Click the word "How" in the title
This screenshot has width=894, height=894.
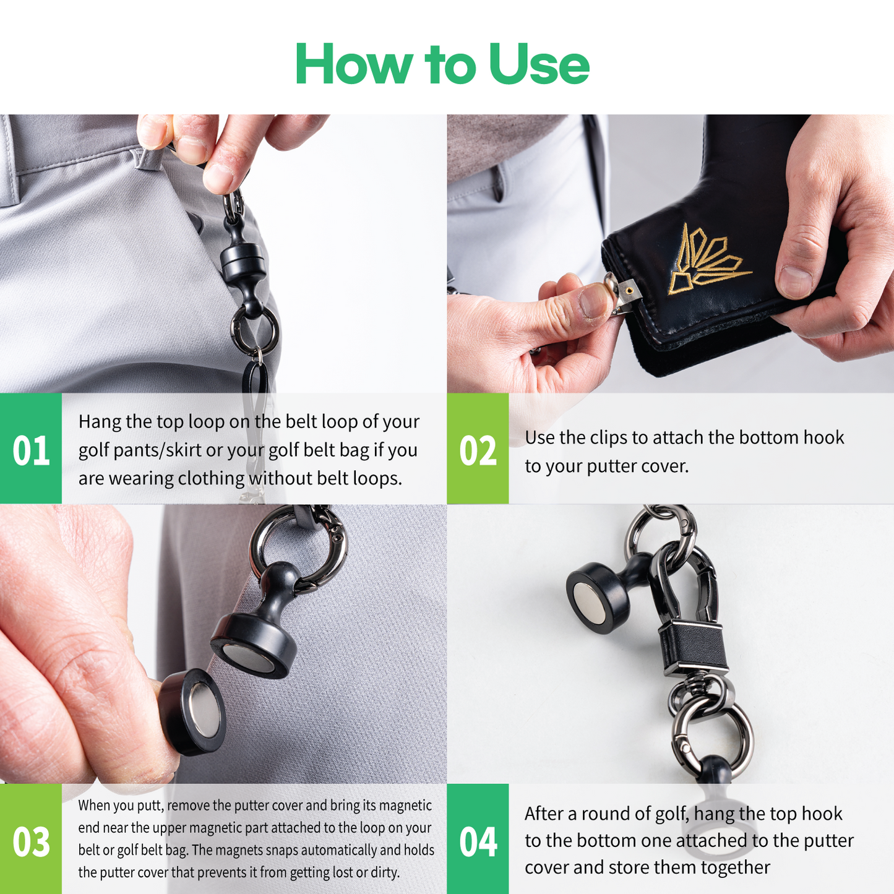353,64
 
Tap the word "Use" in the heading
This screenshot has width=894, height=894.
539,64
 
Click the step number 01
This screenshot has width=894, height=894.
30,450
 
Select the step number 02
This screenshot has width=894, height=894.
478,450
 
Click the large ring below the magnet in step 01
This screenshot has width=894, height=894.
255,329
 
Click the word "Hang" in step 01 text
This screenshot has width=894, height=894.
100,422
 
